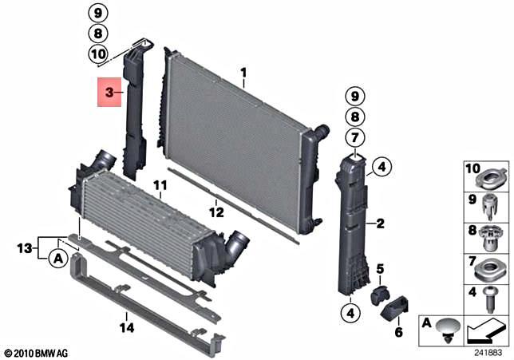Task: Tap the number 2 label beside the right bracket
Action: click(x=381, y=224)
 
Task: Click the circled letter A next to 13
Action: click(x=57, y=259)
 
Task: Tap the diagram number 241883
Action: click(x=489, y=351)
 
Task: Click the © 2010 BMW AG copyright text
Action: click(x=37, y=352)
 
